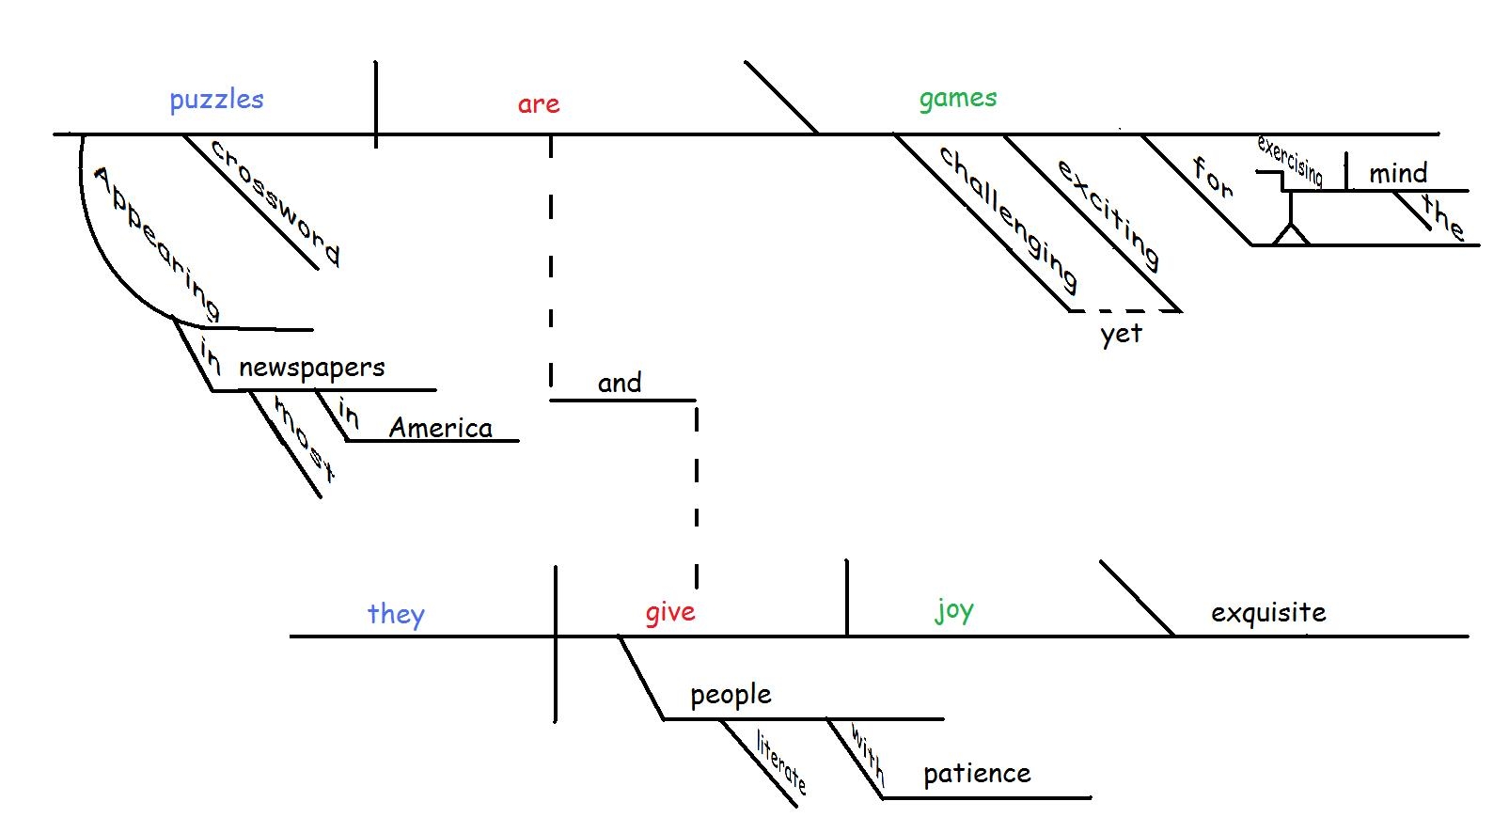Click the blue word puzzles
216,100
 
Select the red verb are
539,103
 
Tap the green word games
957,99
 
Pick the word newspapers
311,368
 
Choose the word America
440,428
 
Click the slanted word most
303,437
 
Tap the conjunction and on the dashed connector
620,383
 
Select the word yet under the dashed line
1121,335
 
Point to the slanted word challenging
1009,218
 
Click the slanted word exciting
1108,212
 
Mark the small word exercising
1290,161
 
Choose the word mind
1397,173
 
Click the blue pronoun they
396,615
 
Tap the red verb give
670,612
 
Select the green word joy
953,611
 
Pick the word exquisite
1267,613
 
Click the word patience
977,774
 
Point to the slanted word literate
781,762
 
